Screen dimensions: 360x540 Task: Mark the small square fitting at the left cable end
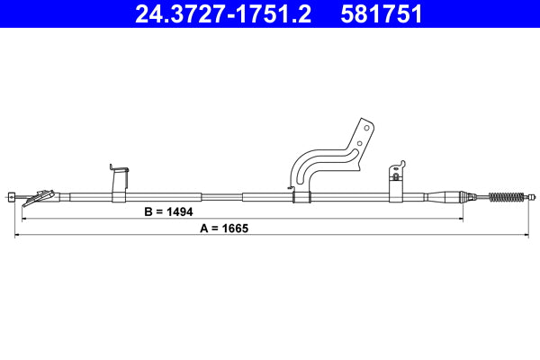click(x=11, y=196)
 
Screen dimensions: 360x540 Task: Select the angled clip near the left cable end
click(x=40, y=195)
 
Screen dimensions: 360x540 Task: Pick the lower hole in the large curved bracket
click(x=360, y=142)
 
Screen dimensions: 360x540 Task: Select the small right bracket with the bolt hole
click(x=396, y=180)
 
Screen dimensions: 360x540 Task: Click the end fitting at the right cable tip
click(x=532, y=196)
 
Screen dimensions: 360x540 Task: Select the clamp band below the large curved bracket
click(x=301, y=196)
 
